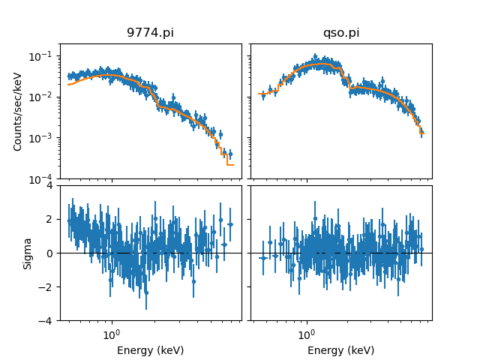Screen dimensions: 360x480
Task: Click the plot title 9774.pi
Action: [151, 33]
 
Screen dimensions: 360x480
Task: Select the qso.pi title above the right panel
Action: [341, 33]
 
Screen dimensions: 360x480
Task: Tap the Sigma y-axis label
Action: [28, 253]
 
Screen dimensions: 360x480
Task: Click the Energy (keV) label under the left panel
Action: [151, 350]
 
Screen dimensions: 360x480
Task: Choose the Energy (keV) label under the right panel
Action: [341, 350]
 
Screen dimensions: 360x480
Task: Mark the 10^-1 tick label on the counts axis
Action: [45, 56]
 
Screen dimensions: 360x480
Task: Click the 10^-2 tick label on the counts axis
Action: [45, 97]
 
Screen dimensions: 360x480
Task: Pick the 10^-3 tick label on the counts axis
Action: [45, 138]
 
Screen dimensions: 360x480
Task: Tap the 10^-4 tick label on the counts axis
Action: [45, 179]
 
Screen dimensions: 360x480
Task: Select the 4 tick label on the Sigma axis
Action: [50, 185]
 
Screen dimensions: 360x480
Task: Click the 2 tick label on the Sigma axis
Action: [50, 219]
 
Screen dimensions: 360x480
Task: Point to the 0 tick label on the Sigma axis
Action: [50, 253]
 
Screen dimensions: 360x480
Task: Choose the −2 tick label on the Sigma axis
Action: [47, 287]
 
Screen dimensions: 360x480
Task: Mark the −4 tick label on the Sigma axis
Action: [47, 321]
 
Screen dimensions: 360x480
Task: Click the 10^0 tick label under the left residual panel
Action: [112, 333]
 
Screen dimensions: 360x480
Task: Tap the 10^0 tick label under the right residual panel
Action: [306, 333]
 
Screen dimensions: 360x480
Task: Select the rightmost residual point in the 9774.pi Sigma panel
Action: [230, 223]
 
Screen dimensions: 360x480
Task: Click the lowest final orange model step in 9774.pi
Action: [230, 164]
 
